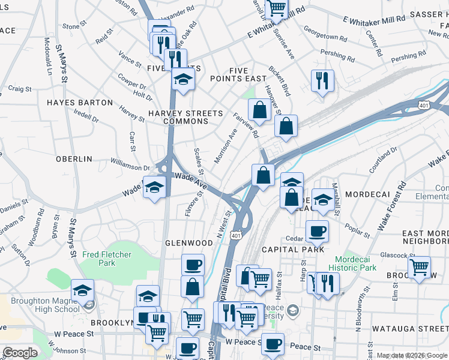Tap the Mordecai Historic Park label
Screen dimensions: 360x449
coord(352,263)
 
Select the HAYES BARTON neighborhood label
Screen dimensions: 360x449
coord(80,103)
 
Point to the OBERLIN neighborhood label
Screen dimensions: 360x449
coord(74,159)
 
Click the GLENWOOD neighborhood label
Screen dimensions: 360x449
coord(189,243)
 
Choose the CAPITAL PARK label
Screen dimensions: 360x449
coord(292,249)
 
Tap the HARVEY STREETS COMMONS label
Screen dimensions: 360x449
coord(185,117)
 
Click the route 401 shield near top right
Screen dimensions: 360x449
coord(424,106)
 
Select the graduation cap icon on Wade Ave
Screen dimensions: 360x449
coord(154,188)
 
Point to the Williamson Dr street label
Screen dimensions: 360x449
coord(130,164)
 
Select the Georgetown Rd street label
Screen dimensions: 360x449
coord(325,32)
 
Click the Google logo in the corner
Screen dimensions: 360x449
coord(20,353)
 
